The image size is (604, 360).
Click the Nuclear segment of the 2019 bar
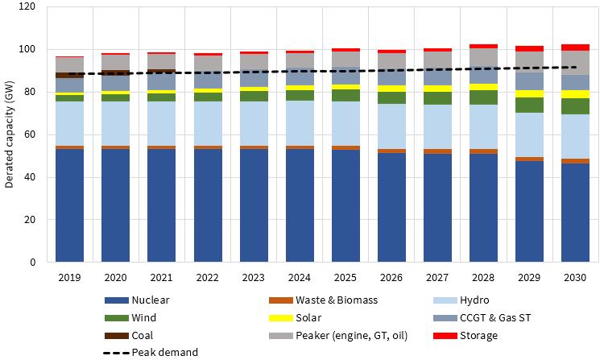point(69,205)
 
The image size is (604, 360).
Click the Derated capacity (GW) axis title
point(10,134)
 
